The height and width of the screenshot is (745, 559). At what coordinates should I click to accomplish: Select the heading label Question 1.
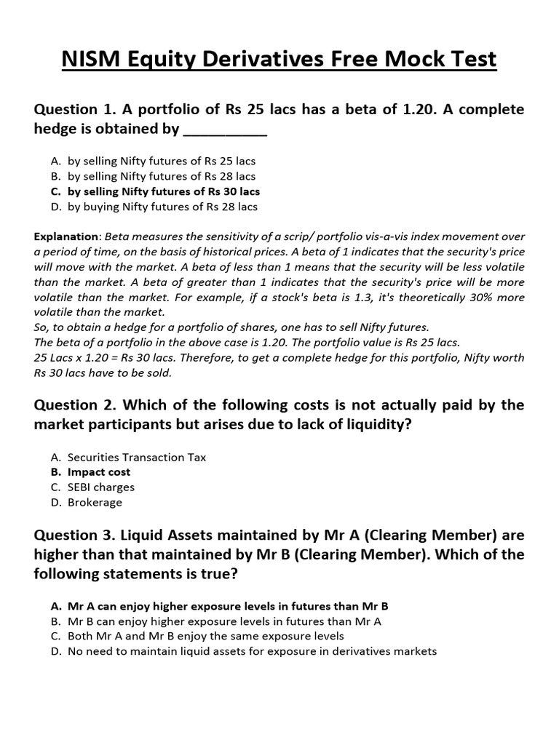click(x=76, y=109)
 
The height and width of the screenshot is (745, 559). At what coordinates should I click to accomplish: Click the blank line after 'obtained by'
click(x=225, y=131)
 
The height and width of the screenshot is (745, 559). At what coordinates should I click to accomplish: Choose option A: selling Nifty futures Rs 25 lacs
click(x=162, y=161)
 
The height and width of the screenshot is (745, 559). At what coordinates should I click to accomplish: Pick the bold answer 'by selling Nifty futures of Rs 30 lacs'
click(x=163, y=191)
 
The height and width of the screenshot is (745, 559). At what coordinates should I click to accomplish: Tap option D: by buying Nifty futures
click(x=162, y=207)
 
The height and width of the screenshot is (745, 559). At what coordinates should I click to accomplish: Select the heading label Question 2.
click(x=76, y=405)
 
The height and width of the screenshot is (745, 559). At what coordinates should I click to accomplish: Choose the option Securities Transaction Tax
click(x=137, y=457)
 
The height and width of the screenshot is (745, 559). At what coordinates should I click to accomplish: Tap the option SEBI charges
click(x=101, y=487)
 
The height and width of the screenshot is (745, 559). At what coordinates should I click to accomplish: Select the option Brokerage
click(x=95, y=502)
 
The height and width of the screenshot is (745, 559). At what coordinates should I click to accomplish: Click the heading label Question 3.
click(x=76, y=535)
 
